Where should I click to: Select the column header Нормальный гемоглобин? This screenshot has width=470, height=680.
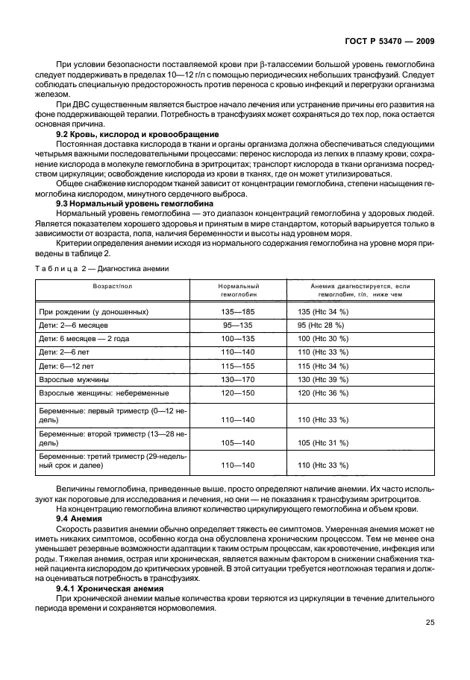click(238, 290)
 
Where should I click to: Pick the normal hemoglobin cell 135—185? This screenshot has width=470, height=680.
click(238, 312)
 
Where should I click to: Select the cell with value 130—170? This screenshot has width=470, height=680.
click(238, 379)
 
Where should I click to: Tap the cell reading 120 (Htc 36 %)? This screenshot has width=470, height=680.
click(323, 393)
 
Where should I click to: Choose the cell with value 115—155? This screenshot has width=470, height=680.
click(238, 366)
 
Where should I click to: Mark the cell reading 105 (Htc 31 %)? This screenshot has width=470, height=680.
click(323, 442)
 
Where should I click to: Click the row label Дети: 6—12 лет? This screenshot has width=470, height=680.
click(69, 366)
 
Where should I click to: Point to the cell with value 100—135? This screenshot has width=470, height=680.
click(238, 339)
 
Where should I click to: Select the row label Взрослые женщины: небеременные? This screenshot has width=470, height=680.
click(103, 393)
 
